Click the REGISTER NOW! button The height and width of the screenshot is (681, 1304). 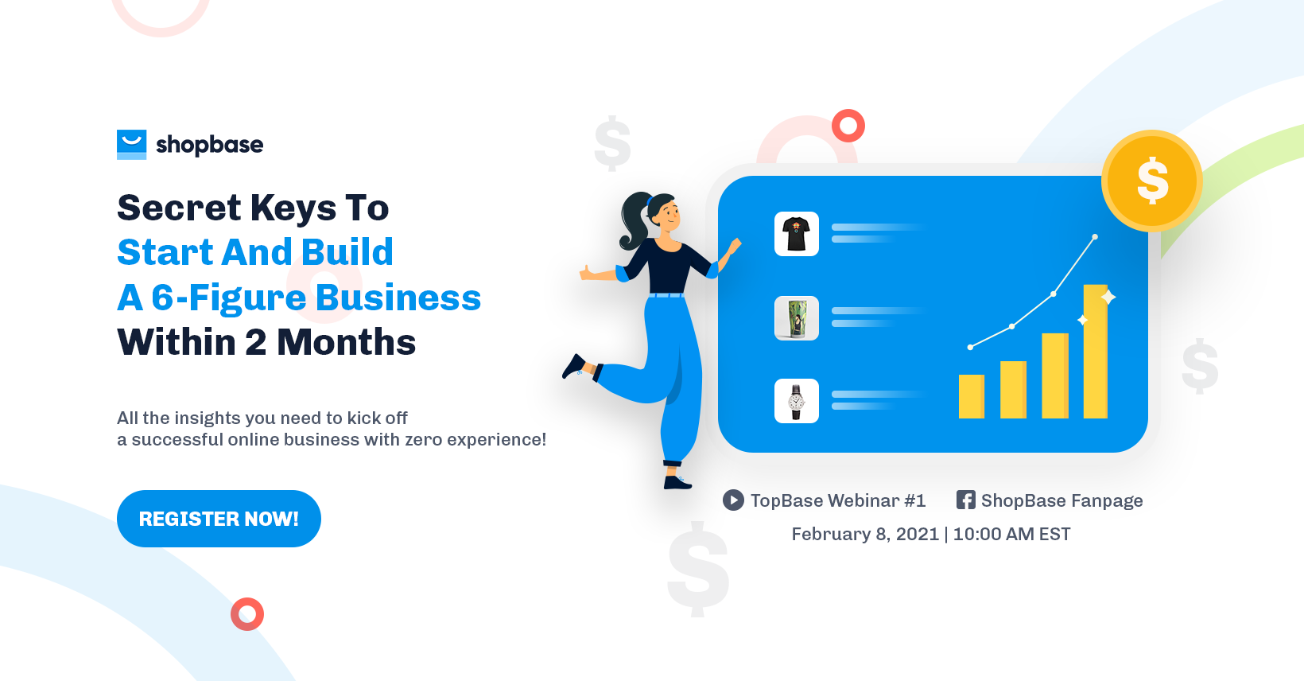pos(219,519)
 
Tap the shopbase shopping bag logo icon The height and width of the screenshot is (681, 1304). pos(131,144)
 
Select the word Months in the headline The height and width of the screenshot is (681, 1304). pos(346,343)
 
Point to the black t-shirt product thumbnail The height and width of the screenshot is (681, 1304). pos(796,234)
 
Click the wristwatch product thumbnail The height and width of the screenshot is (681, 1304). pos(796,401)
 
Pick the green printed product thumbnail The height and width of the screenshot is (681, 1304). pos(796,318)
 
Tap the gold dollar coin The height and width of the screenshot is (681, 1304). pos(1151,181)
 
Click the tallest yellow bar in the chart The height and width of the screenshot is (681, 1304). pos(1095,351)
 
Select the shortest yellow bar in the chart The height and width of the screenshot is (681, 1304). pos(971,396)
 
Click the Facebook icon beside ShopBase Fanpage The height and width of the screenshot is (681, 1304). pos(965,500)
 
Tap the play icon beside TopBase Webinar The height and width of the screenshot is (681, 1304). pos(733,500)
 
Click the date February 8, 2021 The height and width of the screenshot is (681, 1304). pos(865,534)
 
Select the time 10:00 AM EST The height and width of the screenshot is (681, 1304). pos(1011,534)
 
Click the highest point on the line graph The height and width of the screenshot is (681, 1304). pos(1095,237)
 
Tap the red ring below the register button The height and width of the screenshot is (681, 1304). pos(247,614)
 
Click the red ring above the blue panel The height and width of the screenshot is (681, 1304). pos(848,126)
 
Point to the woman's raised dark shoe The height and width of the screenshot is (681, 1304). pos(574,367)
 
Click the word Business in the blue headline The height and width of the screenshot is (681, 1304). pos(398,298)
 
